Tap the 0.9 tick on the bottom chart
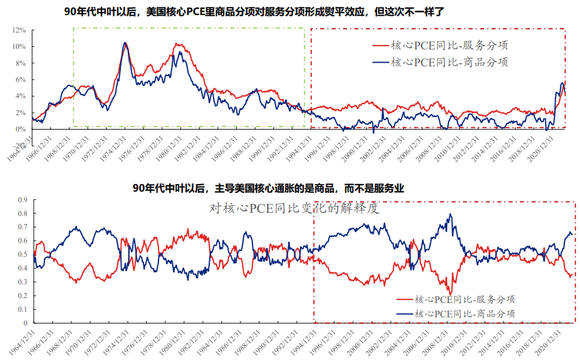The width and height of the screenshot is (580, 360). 23,200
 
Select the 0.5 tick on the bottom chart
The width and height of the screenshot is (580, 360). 23,255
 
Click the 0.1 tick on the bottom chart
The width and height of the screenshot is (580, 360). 23,309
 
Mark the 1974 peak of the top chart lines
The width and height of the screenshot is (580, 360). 125,43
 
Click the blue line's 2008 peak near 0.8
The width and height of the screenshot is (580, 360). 450,215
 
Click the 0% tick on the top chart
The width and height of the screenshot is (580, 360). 21,129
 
